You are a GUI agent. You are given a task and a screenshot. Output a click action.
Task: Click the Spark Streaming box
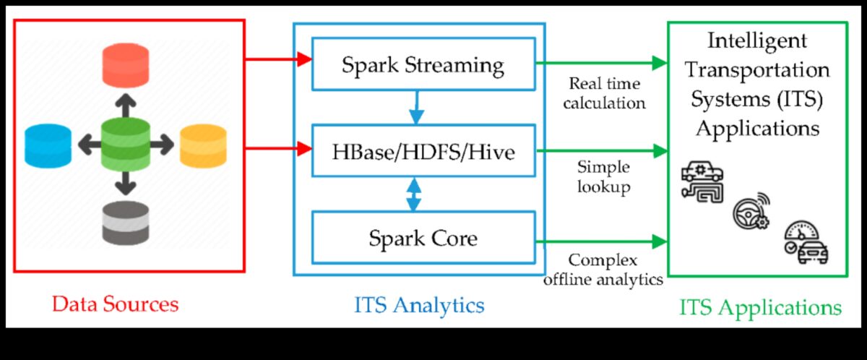pyautogui.click(x=423, y=65)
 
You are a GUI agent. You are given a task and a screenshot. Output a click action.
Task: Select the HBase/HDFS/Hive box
pyautogui.click(x=423, y=151)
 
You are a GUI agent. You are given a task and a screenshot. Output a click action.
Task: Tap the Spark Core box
pyautogui.click(x=423, y=237)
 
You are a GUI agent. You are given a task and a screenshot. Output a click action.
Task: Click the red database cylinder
pyautogui.click(x=126, y=63)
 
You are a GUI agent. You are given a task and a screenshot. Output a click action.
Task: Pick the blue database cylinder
pyautogui.click(x=48, y=145)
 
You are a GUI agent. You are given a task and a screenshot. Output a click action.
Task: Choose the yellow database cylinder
pyautogui.click(x=202, y=145)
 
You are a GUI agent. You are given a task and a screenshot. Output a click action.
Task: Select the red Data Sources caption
pyautogui.click(x=115, y=304)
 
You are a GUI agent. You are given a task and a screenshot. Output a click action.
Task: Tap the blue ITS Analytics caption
pyautogui.click(x=419, y=304)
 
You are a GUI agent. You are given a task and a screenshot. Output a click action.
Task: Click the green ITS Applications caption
pyautogui.click(x=760, y=307)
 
